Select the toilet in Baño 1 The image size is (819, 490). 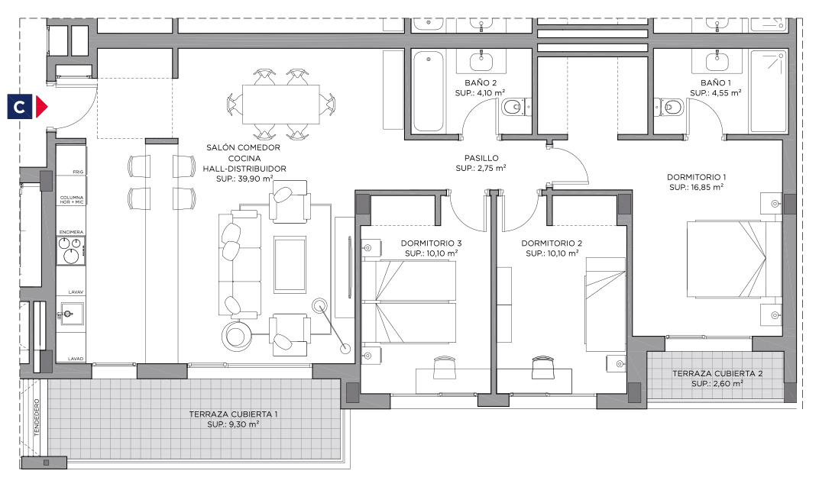(669, 108)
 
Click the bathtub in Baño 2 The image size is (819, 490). (429, 91)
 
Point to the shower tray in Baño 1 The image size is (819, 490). (769, 91)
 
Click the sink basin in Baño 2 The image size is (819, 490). (481, 62)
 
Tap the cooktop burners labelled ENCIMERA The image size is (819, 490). (70, 250)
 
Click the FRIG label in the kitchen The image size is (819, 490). (78, 172)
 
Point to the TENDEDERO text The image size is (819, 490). (37, 417)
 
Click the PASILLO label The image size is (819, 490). (481, 157)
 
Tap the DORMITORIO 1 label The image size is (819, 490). (696, 177)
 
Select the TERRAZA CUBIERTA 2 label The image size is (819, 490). (717, 373)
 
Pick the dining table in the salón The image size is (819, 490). (280, 105)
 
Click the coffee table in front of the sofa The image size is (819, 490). (290, 264)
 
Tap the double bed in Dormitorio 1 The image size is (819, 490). (734, 260)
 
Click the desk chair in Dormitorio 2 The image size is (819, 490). (542, 367)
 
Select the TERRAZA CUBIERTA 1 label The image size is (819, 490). (234, 414)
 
